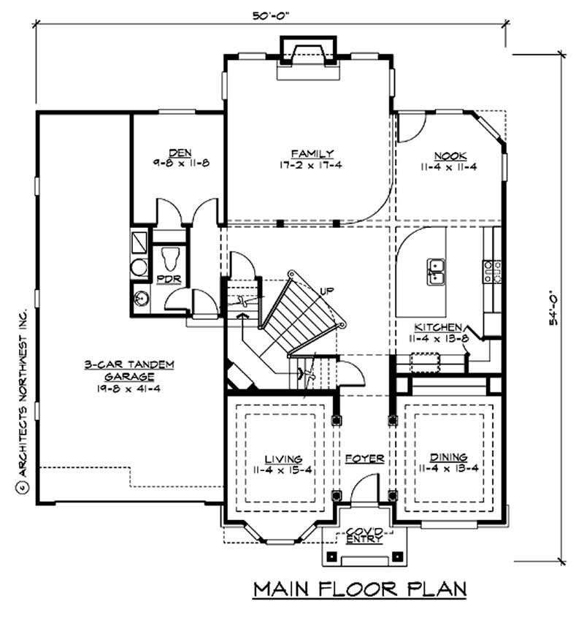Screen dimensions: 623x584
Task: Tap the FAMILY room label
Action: coord(312,153)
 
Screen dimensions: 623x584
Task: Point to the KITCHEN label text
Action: coord(438,328)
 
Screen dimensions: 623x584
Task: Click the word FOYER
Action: coord(365,459)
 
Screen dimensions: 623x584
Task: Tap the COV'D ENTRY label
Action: coord(363,535)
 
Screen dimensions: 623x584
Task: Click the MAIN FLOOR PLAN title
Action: coord(359,589)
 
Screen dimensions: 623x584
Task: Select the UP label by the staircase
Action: coord(327,291)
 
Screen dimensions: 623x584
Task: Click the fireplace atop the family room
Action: coord(305,55)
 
